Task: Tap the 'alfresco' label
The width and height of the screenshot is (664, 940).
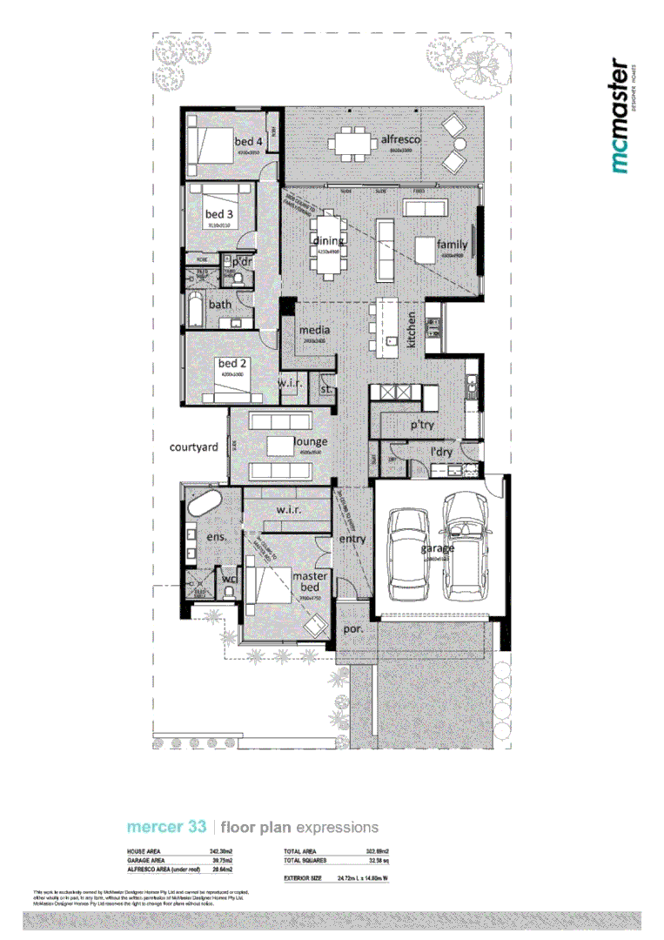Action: (x=400, y=139)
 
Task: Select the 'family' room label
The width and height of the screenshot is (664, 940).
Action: (x=453, y=245)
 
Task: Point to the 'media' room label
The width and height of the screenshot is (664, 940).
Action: (x=313, y=331)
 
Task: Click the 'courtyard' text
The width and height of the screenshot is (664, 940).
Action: (x=193, y=447)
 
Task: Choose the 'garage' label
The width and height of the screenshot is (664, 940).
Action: (x=438, y=549)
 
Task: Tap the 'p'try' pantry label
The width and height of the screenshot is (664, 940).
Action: (x=422, y=425)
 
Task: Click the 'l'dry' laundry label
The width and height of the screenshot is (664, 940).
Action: (x=444, y=453)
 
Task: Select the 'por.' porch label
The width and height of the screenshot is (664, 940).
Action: (x=353, y=628)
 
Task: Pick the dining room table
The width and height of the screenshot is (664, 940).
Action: (x=328, y=245)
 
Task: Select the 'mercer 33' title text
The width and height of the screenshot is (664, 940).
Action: (x=166, y=827)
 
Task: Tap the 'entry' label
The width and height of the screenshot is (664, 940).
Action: (x=352, y=539)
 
